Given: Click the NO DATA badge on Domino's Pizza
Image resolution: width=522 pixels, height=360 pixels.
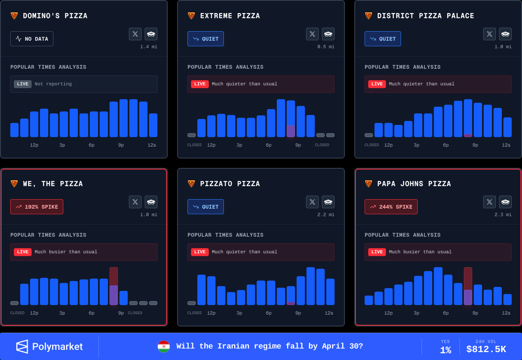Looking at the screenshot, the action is click(32, 39).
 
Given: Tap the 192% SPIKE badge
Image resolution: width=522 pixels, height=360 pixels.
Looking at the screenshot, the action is click(37, 207).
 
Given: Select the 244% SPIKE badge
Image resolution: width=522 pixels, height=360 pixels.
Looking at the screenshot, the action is click(391, 207).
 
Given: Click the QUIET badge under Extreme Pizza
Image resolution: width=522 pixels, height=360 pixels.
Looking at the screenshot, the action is click(205, 39).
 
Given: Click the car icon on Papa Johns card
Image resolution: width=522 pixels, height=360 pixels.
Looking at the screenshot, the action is click(505, 202).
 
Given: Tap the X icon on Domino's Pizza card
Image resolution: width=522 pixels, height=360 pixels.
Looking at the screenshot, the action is click(135, 34).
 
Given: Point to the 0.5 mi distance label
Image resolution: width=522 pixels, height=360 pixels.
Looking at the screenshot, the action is click(326, 47).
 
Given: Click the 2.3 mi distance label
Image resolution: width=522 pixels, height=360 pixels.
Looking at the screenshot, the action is click(503, 215).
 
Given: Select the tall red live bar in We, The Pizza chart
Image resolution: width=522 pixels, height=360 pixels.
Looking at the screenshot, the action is click(114, 286).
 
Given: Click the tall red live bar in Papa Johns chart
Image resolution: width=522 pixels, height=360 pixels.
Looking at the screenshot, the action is click(468, 286).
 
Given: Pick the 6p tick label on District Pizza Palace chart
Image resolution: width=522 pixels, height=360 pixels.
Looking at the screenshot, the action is click(446, 145).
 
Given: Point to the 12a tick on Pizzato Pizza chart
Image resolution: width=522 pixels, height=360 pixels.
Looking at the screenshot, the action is click(329, 313).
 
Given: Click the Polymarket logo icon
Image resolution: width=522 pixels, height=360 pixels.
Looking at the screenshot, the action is click(22, 347).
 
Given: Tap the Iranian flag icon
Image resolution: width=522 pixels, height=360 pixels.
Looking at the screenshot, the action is click(164, 347).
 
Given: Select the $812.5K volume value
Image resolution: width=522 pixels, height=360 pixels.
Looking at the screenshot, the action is click(486, 349).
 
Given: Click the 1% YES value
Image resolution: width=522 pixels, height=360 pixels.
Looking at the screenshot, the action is click(445, 350).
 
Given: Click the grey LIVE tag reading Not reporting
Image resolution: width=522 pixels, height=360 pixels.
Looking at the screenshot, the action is click(23, 84).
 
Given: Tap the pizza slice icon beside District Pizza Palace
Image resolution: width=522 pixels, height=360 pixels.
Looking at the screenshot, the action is click(368, 16).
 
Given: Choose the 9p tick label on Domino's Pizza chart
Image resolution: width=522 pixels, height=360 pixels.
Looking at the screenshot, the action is click(121, 145).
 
